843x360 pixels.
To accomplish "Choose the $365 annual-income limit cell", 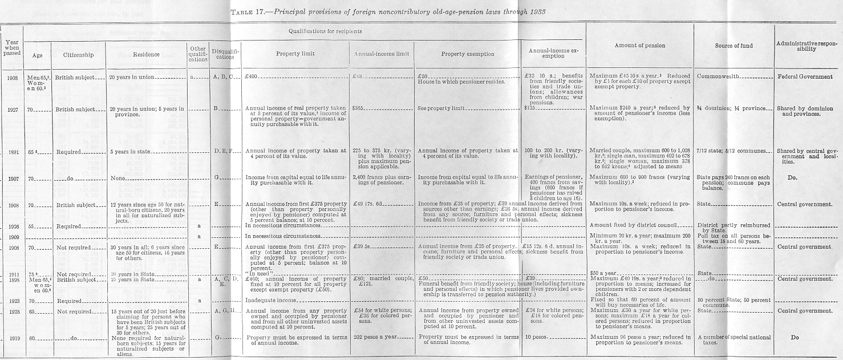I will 359,108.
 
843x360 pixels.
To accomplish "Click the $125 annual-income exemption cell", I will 531,108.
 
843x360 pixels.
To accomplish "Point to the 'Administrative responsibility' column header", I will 808,45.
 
